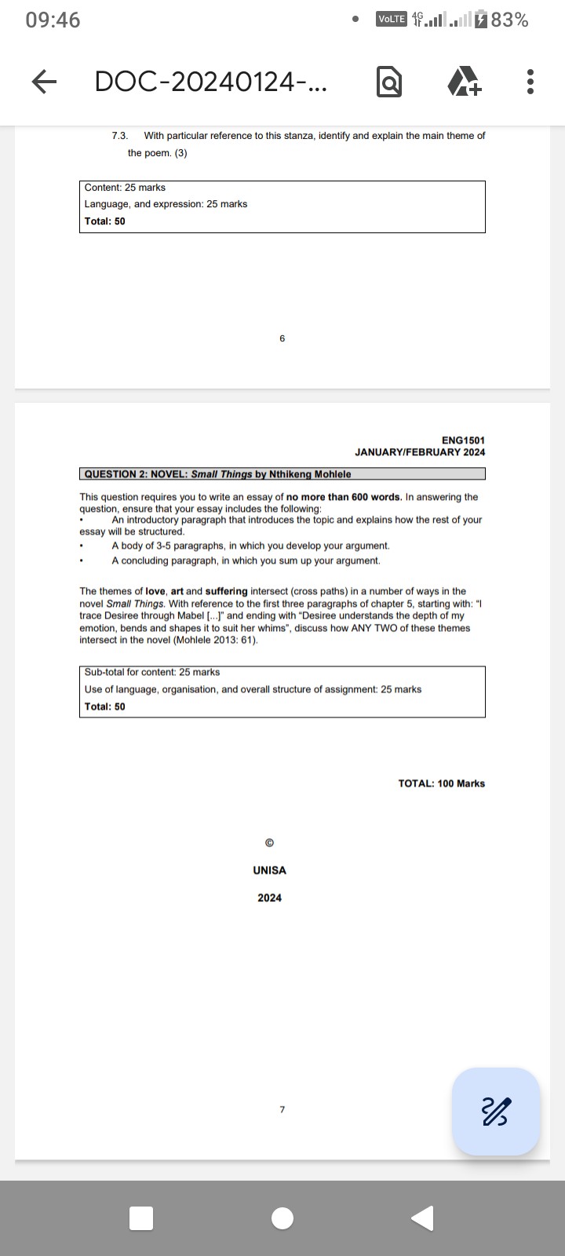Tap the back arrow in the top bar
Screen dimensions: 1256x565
tap(45, 82)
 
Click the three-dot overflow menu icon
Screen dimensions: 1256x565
tap(530, 82)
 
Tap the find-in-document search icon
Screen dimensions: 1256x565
tap(389, 82)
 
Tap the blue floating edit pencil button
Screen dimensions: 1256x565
tap(496, 1111)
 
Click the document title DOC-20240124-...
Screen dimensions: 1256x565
tap(211, 82)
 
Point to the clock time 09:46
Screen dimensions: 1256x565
tap(53, 20)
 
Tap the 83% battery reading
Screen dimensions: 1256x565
tap(510, 20)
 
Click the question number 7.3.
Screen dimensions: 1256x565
tap(120, 136)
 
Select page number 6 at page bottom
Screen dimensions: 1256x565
tap(282, 338)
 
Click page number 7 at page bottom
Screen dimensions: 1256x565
tap(282, 1109)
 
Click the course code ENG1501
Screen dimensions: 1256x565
tap(463, 440)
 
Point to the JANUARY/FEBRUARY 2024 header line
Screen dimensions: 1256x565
tap(420, 452)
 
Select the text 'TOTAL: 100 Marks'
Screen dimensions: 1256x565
tap(441, 783)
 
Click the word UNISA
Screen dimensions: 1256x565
tap(269, 871)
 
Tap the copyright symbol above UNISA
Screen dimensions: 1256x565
tap(269, 843)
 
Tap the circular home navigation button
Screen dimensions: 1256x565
tap(282, 1218)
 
